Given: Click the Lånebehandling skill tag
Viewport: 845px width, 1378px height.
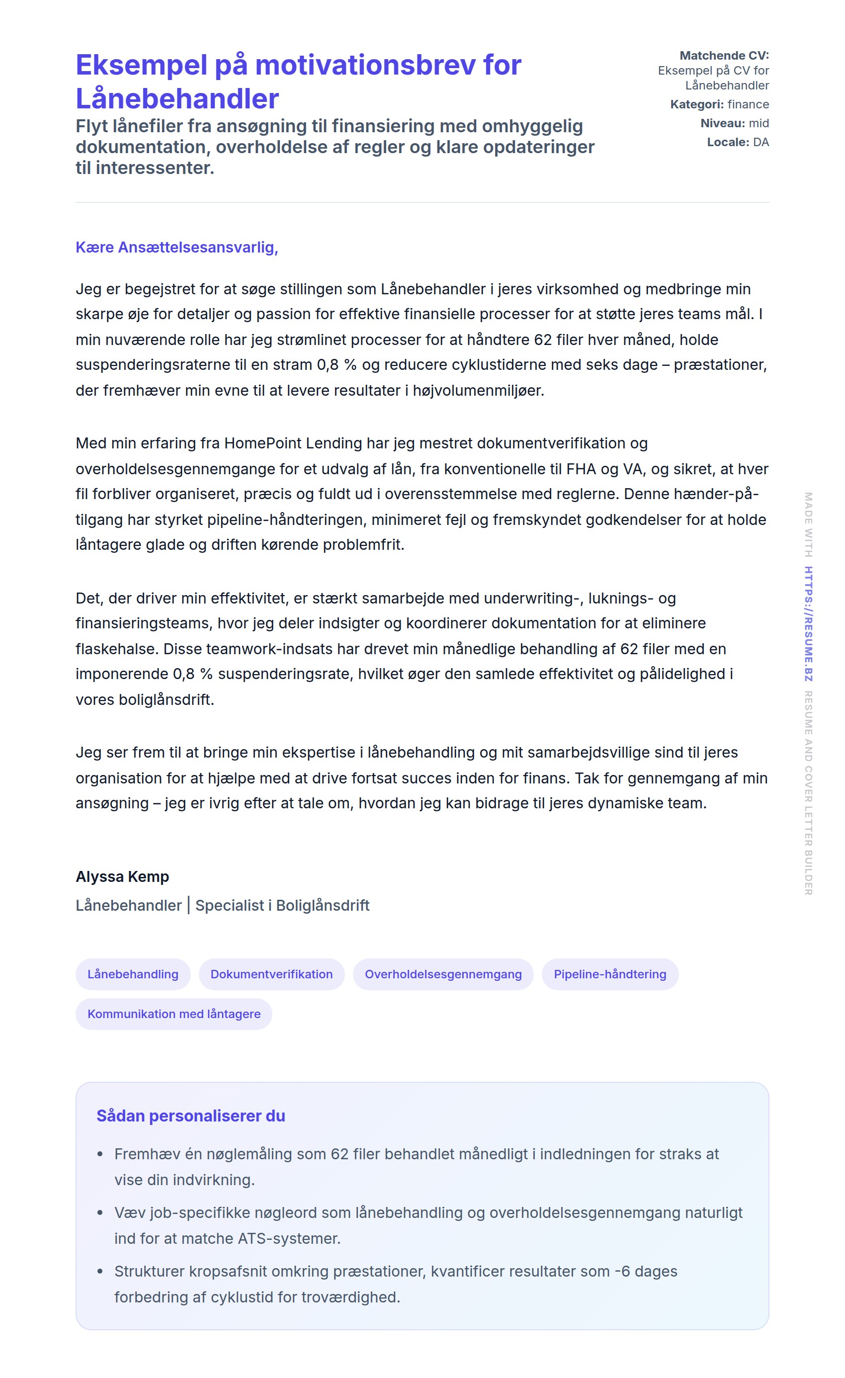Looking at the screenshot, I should pos(133,974).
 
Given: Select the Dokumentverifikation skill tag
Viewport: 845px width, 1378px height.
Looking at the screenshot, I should pos(271,974).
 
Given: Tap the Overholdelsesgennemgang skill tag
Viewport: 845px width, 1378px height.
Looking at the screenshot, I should pos(443,974).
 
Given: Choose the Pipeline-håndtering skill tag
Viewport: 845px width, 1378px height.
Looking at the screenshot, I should pos(609,974).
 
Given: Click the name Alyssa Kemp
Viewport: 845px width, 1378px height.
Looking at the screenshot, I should pos(122,876).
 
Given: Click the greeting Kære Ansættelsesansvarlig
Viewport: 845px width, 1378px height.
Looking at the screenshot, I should pos(177,247).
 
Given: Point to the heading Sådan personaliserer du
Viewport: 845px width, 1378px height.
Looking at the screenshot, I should pos(191,1116).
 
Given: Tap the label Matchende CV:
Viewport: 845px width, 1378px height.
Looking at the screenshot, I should pos(724,55).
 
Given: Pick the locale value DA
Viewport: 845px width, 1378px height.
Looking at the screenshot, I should pos(760,142).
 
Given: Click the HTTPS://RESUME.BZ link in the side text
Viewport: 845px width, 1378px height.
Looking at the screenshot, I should pos(808,623).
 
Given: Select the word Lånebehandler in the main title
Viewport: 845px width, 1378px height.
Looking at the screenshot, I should pos(177,99).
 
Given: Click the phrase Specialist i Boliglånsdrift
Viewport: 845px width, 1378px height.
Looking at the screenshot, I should pos(282,905).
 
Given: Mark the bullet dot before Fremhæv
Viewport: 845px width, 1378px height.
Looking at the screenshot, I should pos(100,1154).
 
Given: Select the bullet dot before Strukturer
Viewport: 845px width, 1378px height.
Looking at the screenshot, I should pos(100,1271).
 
